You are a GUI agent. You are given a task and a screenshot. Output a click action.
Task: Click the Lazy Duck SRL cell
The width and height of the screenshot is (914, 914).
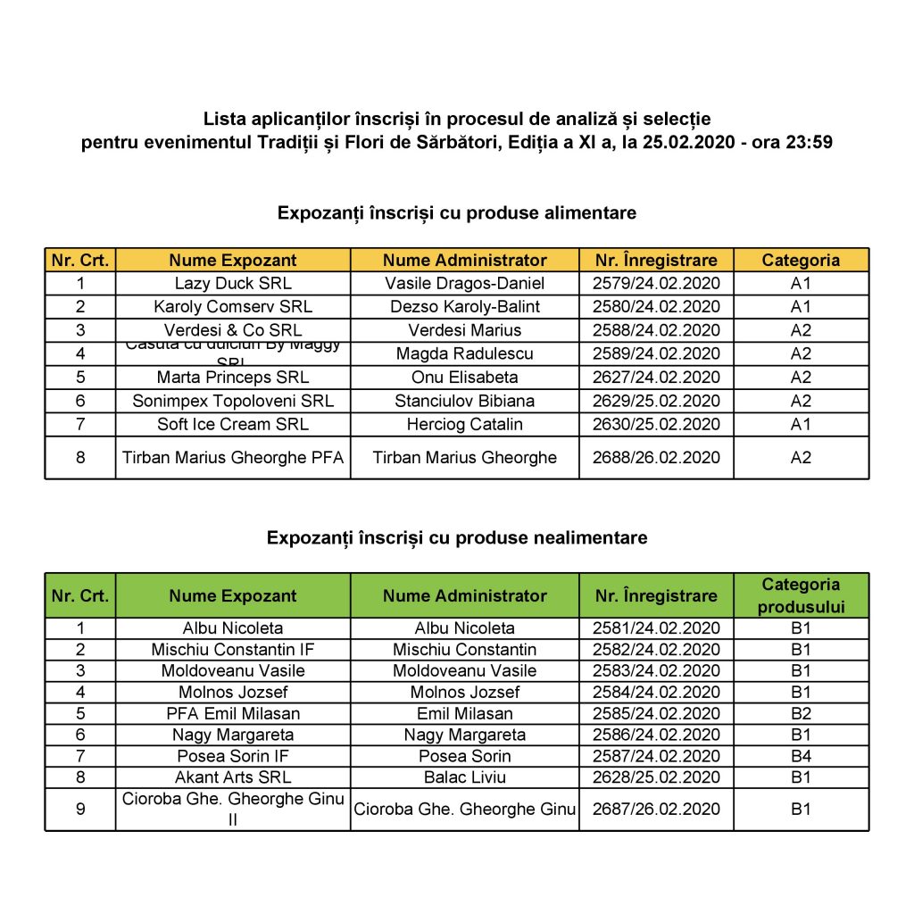pos(232,284)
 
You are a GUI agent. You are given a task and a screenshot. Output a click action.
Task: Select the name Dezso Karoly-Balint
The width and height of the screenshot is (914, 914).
pos(464,307)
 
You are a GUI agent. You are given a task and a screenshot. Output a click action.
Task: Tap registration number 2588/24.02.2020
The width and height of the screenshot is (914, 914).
pos(656,330)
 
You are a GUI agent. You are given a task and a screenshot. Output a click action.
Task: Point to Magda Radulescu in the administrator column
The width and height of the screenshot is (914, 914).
pos(464,353)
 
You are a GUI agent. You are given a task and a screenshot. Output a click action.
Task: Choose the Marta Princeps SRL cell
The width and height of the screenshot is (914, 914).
pos(232,377)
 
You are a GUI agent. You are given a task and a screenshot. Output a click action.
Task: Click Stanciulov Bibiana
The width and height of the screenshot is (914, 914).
pos(464,401)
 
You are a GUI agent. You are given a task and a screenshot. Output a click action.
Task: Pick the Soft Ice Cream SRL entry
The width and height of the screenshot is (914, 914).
pos(232,424)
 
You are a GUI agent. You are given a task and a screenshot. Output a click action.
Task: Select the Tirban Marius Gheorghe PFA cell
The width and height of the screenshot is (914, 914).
pos(232,458)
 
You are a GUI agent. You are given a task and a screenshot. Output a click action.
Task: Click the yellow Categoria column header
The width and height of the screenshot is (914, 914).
pos(801,261)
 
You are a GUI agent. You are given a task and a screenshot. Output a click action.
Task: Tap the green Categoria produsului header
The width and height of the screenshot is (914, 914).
pos(801,595)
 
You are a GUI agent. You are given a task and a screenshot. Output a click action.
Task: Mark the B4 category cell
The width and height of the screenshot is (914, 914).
pos(801,756)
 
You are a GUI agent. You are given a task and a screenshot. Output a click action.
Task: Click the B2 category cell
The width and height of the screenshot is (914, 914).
pos(801,713)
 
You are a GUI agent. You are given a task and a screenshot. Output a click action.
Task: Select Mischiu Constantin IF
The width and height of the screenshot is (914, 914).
pos(232,649)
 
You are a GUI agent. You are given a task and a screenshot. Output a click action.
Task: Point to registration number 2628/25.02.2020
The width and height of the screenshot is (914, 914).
pos(656,777)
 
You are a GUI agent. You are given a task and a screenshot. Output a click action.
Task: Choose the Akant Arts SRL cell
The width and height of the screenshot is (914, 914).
pos(232,777)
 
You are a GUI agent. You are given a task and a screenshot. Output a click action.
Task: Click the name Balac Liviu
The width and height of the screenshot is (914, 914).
pos(464,777)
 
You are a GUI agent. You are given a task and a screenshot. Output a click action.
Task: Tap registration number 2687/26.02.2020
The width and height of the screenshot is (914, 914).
pos(656,810)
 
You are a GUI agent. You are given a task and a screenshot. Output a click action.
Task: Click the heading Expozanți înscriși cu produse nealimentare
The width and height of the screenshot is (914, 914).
pos(457,538)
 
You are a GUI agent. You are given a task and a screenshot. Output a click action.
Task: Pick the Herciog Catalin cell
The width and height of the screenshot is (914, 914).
pos(464,424)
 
